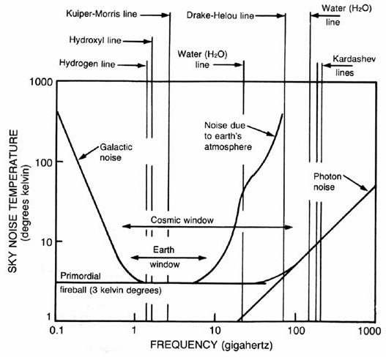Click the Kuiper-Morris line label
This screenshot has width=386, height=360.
coord(101,14)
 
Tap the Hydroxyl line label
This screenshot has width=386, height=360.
coord(95,40)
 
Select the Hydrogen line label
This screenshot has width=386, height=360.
coord(87,64)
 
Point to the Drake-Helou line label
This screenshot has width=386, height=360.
coord(220,15)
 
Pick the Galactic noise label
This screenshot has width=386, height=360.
coord(116,152)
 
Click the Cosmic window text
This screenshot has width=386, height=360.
coord(182,220)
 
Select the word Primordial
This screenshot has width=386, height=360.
coord(81,276)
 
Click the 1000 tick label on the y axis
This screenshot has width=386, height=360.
coord(41,82)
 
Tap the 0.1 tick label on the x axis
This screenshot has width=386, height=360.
coord(56,331)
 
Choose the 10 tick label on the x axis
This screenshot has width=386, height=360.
coord(215,331)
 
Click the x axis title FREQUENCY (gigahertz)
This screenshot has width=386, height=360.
coord(212,345)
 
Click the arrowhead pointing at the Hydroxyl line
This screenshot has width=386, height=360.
coord(148,41)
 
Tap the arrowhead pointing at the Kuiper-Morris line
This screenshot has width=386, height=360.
coord(166,15)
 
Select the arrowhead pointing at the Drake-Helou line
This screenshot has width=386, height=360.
coord(281,16)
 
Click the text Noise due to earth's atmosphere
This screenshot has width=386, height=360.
coord(228,136)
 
